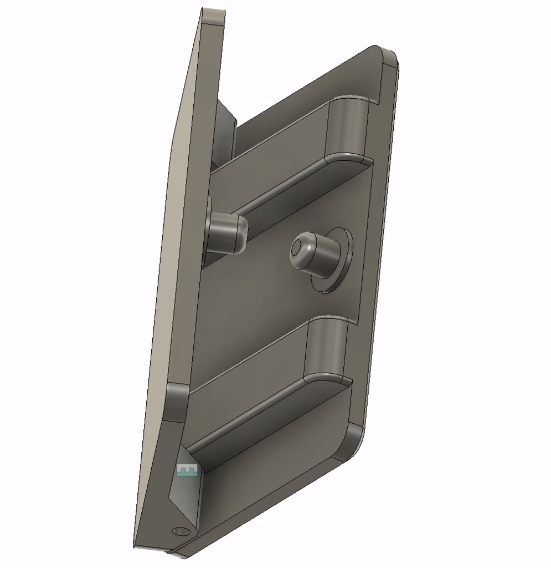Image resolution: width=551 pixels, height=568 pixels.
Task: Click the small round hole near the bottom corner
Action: point(180,531)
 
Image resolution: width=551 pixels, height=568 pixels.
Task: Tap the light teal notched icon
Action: point(187,471)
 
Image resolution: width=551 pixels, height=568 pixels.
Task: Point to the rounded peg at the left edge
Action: point(227,233)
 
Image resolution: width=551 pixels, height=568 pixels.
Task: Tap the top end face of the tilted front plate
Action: point(213,17)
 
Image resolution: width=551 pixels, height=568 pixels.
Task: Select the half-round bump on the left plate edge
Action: point(177,402)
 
